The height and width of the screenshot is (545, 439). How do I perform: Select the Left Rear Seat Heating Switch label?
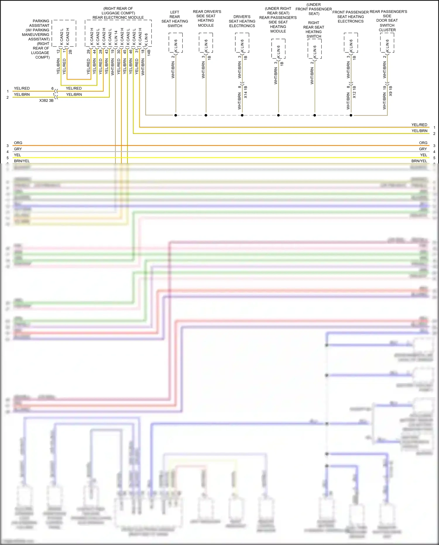[x=175, y=19]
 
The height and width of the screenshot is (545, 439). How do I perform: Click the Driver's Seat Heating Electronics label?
[x=242, y=21]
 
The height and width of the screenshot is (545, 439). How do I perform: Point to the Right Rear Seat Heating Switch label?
[x=314, y=30]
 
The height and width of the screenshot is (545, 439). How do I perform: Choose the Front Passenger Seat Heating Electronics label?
[x=350, y=17]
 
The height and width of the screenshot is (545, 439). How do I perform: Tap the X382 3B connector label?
[x=46, y=100]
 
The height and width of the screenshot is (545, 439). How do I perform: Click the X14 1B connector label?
[x=246, y=92]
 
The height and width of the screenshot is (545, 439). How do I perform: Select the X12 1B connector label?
[x=354, y=92]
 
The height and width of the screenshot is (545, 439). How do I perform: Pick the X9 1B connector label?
[x=391, y=91]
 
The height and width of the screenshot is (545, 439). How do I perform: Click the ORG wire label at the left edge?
[x=18, y=143]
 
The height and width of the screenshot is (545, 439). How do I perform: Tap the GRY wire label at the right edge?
[x=423, y=149]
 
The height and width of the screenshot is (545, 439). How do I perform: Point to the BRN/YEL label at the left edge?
[x=22, y=161]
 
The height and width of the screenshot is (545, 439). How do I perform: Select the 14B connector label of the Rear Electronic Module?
[x=149, y=53]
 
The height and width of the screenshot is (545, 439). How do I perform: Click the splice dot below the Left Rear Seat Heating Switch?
[x=176, y=115]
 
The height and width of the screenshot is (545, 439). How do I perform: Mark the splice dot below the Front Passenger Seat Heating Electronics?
[x=351, y=115]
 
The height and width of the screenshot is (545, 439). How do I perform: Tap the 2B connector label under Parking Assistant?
[x=70, y=52]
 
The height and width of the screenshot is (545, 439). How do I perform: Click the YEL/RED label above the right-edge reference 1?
[x=419, y=125]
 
